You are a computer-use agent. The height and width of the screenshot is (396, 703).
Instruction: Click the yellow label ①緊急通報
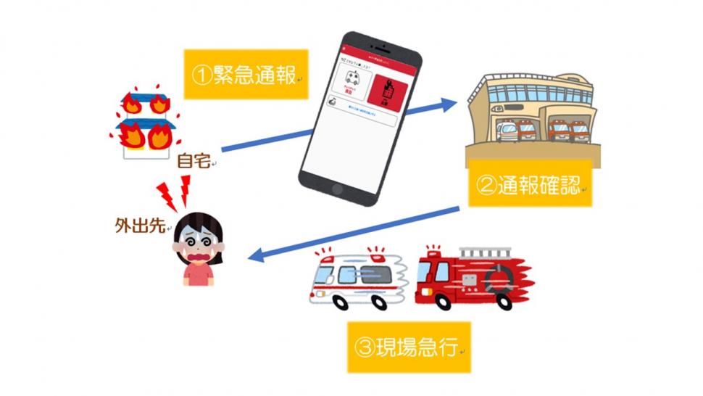246,75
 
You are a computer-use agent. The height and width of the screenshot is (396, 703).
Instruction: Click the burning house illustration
144,123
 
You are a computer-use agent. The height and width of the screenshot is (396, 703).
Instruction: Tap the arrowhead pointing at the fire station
449,103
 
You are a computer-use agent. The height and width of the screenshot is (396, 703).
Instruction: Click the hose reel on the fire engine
499,279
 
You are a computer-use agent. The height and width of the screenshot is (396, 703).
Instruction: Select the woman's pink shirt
197,273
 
